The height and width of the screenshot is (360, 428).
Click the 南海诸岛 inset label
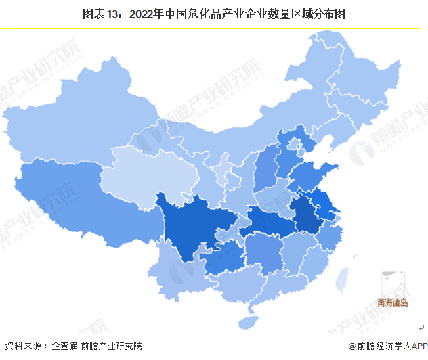393,303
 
